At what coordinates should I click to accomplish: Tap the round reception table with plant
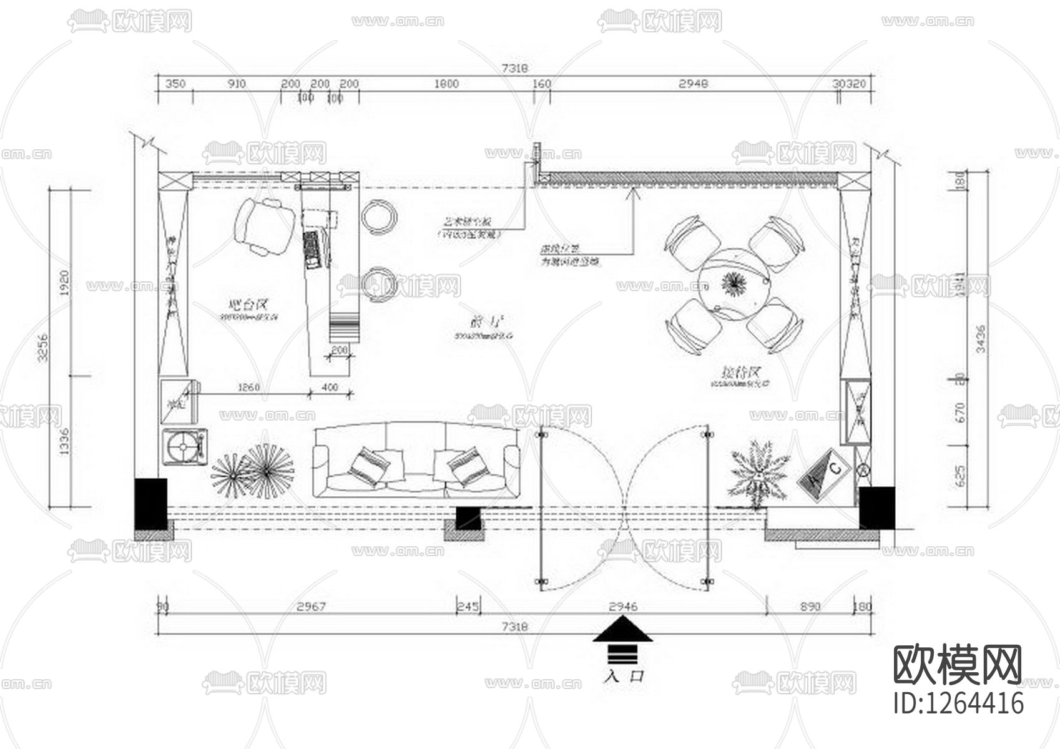tap(734, 285)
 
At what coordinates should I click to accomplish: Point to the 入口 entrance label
tap(623, 676)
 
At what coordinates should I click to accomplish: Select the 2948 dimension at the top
tap(693, 84)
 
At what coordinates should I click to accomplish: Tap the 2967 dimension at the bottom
tap(311, 606)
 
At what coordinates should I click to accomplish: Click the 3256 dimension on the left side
tap(43, 348)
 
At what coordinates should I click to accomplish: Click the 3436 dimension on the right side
tap(981, 339)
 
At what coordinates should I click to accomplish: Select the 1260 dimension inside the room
tap(248, 388)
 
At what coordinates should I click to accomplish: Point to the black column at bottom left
tap(151, 504)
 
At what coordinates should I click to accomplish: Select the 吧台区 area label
tap(247, 305)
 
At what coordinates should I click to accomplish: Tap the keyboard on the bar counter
tap(312, 250)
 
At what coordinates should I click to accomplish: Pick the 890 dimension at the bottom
tap(810, 606)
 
